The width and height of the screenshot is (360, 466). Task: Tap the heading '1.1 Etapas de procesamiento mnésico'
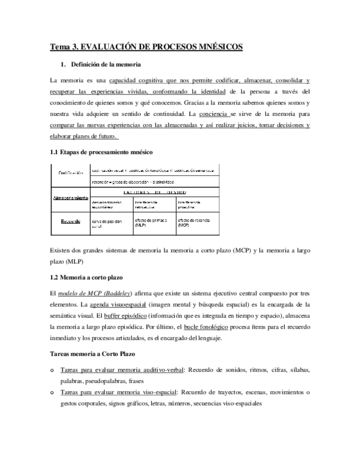tap(101, 151)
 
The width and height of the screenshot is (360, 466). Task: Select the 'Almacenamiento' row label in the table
tap(69, 197)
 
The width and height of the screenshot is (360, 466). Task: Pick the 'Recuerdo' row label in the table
tap(70, 222)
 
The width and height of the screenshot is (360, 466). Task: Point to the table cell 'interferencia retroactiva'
tap(149, 205)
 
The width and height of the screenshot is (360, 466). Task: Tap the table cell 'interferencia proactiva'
tap(191, 205)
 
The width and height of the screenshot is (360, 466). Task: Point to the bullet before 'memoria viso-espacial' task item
tap(52, 392)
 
